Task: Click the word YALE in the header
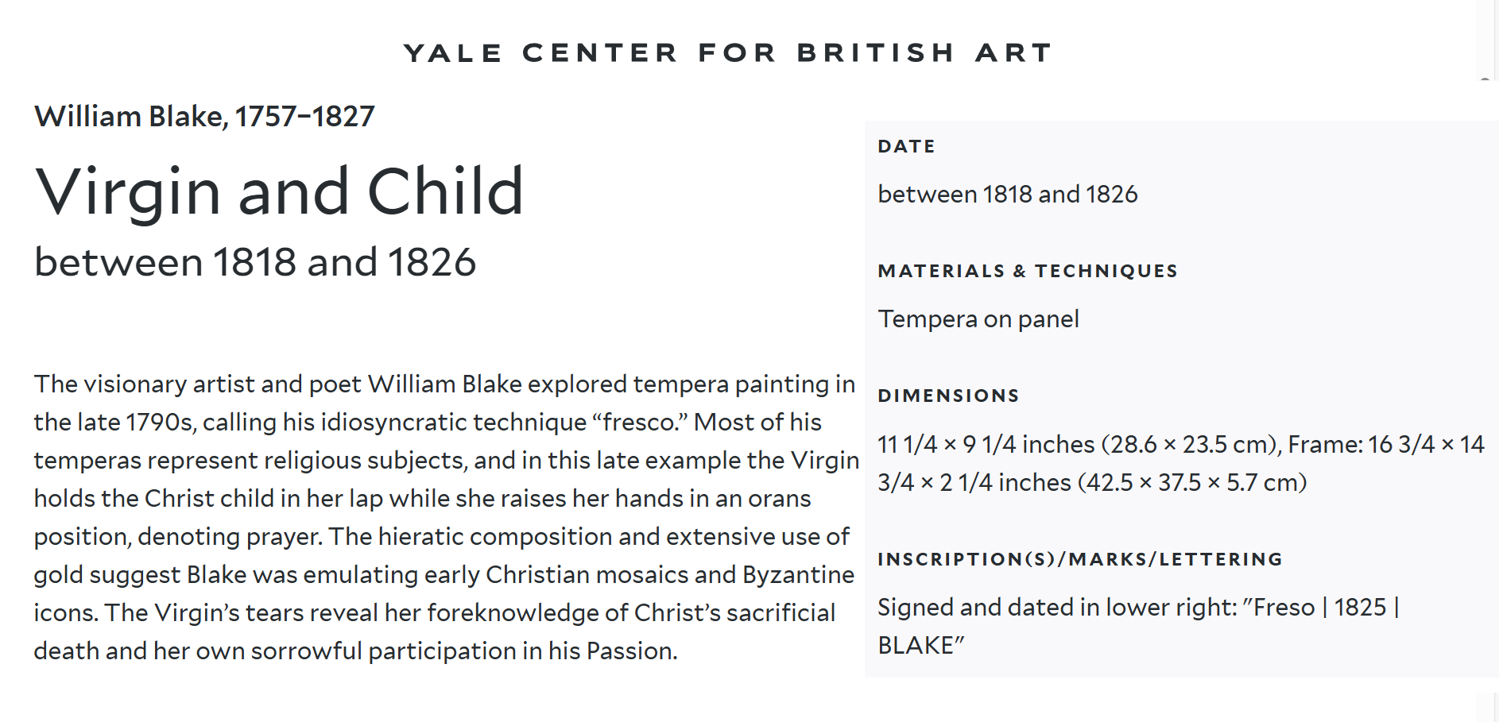[453, 53]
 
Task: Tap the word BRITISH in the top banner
[876, 53]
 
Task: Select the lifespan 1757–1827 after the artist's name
[304, 117]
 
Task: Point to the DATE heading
[907, 146]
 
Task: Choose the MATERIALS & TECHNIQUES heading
[1028, 271]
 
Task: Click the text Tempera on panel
[978, 319]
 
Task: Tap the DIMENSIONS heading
[948, 396]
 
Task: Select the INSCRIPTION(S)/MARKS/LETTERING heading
[1080, 559]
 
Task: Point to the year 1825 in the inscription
[1360, 608]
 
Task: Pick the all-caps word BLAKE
[916, 646]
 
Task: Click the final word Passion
[632, 651]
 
